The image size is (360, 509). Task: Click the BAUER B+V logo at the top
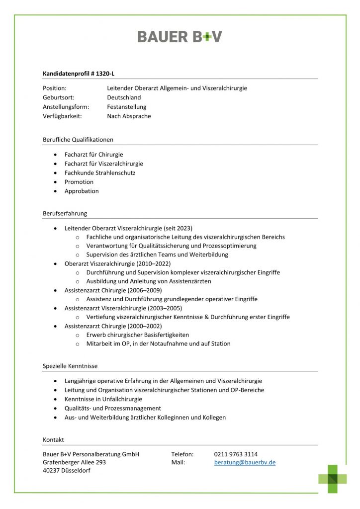pyautogui.click(x=180, y=36)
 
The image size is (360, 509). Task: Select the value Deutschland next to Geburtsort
pyautogui.click(x=124, y=97)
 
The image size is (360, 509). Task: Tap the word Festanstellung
pyautogui.click(x=126, y=107)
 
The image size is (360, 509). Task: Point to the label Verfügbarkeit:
pyautogui.click(x=62, y=116)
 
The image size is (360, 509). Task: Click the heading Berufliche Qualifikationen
pyautogui.click(x=78, y=140)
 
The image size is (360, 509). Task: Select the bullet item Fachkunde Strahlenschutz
pyautogui.click(x=100, y=173)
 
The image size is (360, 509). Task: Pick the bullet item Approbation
pyautogui.click(x=82, y=191)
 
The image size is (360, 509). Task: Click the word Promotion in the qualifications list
pyautogui.click(x=79, y=182)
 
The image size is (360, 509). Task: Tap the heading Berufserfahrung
pyautogui.click(x=65, y=213)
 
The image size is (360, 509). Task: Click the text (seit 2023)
pyautogui.click(x=178, y=228)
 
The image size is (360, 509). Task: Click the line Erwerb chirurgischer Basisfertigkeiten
pyautogui.click(x=137, y=335)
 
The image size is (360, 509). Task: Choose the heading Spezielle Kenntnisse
pyautogui.click(x=70, y=366)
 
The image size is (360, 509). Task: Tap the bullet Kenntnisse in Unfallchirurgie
pyautogui.click(x=103, y=399)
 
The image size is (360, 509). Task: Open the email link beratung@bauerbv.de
pyautogui.click(x=245, y=463)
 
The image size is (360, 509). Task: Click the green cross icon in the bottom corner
pyautogui.click(x=333, y=478)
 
